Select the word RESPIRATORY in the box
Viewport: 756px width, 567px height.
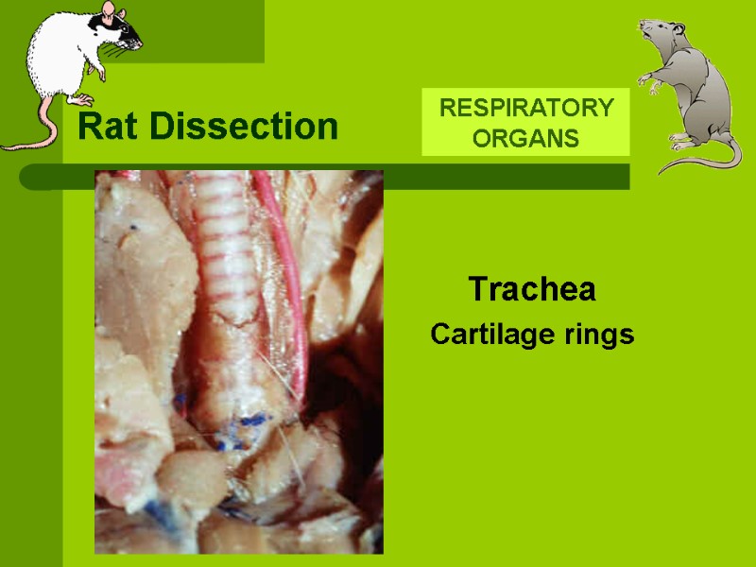click(x=525, y=108)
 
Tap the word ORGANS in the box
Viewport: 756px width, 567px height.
click(x=525, y=139)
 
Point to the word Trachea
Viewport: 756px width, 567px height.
click(x=532, y=289)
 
